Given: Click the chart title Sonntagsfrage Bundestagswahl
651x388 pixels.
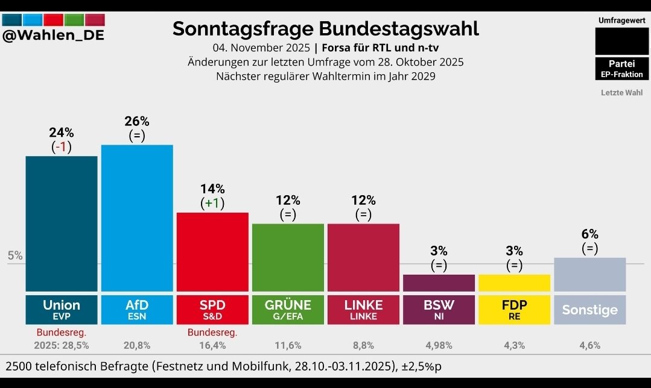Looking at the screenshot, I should click(325, 28).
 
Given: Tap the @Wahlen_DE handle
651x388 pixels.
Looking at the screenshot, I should click(53, 36).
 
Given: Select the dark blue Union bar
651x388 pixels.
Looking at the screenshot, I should click(61, 223).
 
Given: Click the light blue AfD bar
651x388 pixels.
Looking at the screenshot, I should click(137, 217).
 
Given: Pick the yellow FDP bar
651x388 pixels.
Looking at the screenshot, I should click(514, 283).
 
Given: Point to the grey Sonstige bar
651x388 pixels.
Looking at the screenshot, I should click(589, 274).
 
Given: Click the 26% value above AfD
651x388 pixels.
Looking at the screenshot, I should click(137, 122).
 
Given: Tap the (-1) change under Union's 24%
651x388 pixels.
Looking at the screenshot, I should click(61, 147).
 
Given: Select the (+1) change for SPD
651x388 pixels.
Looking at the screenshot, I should click(212, 203).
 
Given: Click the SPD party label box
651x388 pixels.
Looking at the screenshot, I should click(212, 310).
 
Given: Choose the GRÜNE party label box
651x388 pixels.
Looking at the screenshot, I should click(288, 310).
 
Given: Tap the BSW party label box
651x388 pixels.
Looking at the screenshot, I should click(439, 310).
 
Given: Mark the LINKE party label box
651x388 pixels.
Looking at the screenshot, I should click(363, 310).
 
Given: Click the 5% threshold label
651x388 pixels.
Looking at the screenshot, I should click(15, 255).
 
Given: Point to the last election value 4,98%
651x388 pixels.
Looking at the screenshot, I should click(439, 345).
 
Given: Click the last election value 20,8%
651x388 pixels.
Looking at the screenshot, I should click(137, 345).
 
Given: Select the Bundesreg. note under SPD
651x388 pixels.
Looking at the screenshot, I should click(212, 332).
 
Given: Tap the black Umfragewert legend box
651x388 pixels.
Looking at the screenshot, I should click(621, 42).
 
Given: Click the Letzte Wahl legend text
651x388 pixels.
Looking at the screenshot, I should click(621, 93).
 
